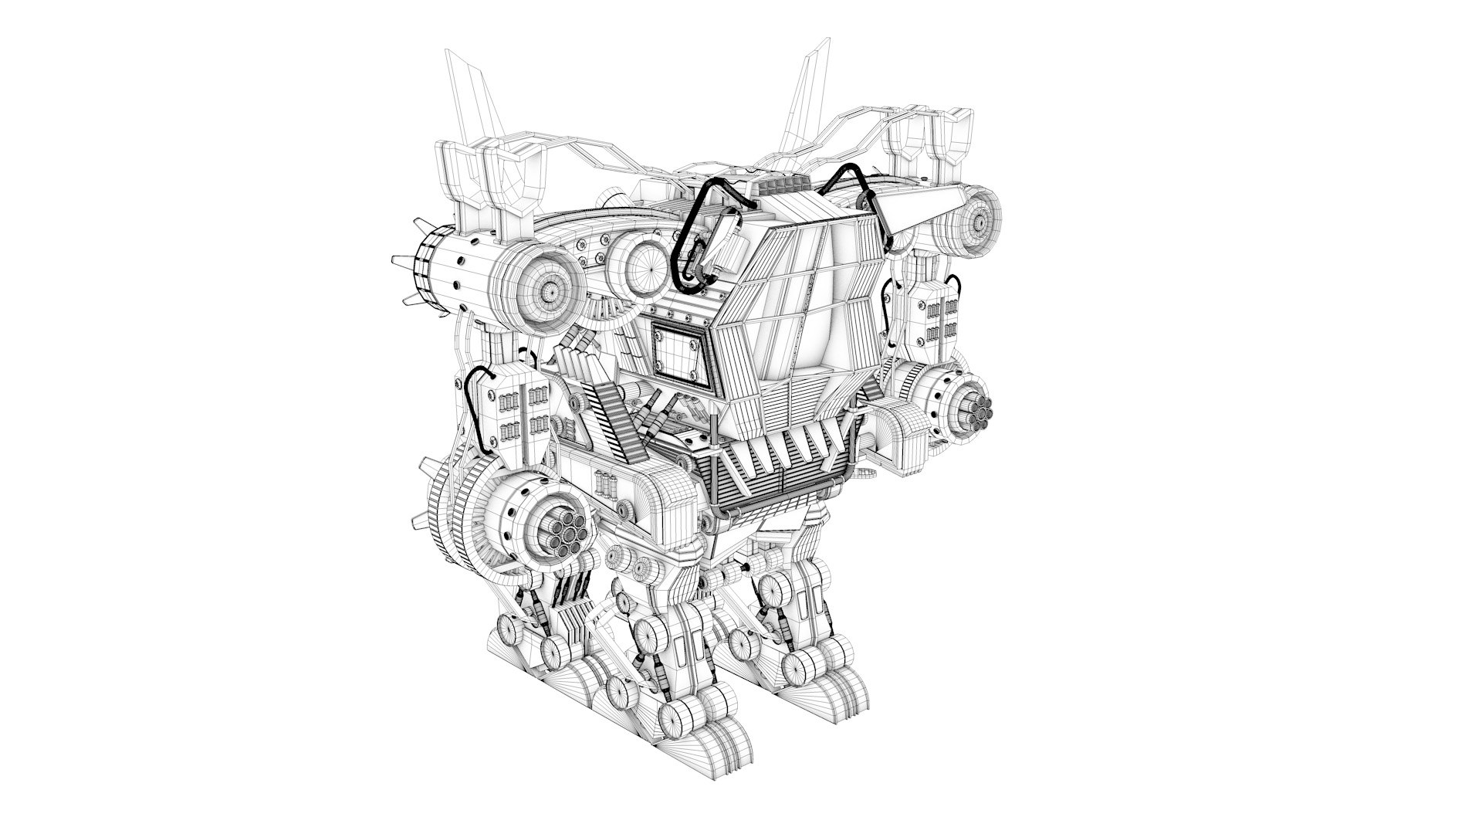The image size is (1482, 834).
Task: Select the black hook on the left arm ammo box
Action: pyautogui.click(x=480, y=409)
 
